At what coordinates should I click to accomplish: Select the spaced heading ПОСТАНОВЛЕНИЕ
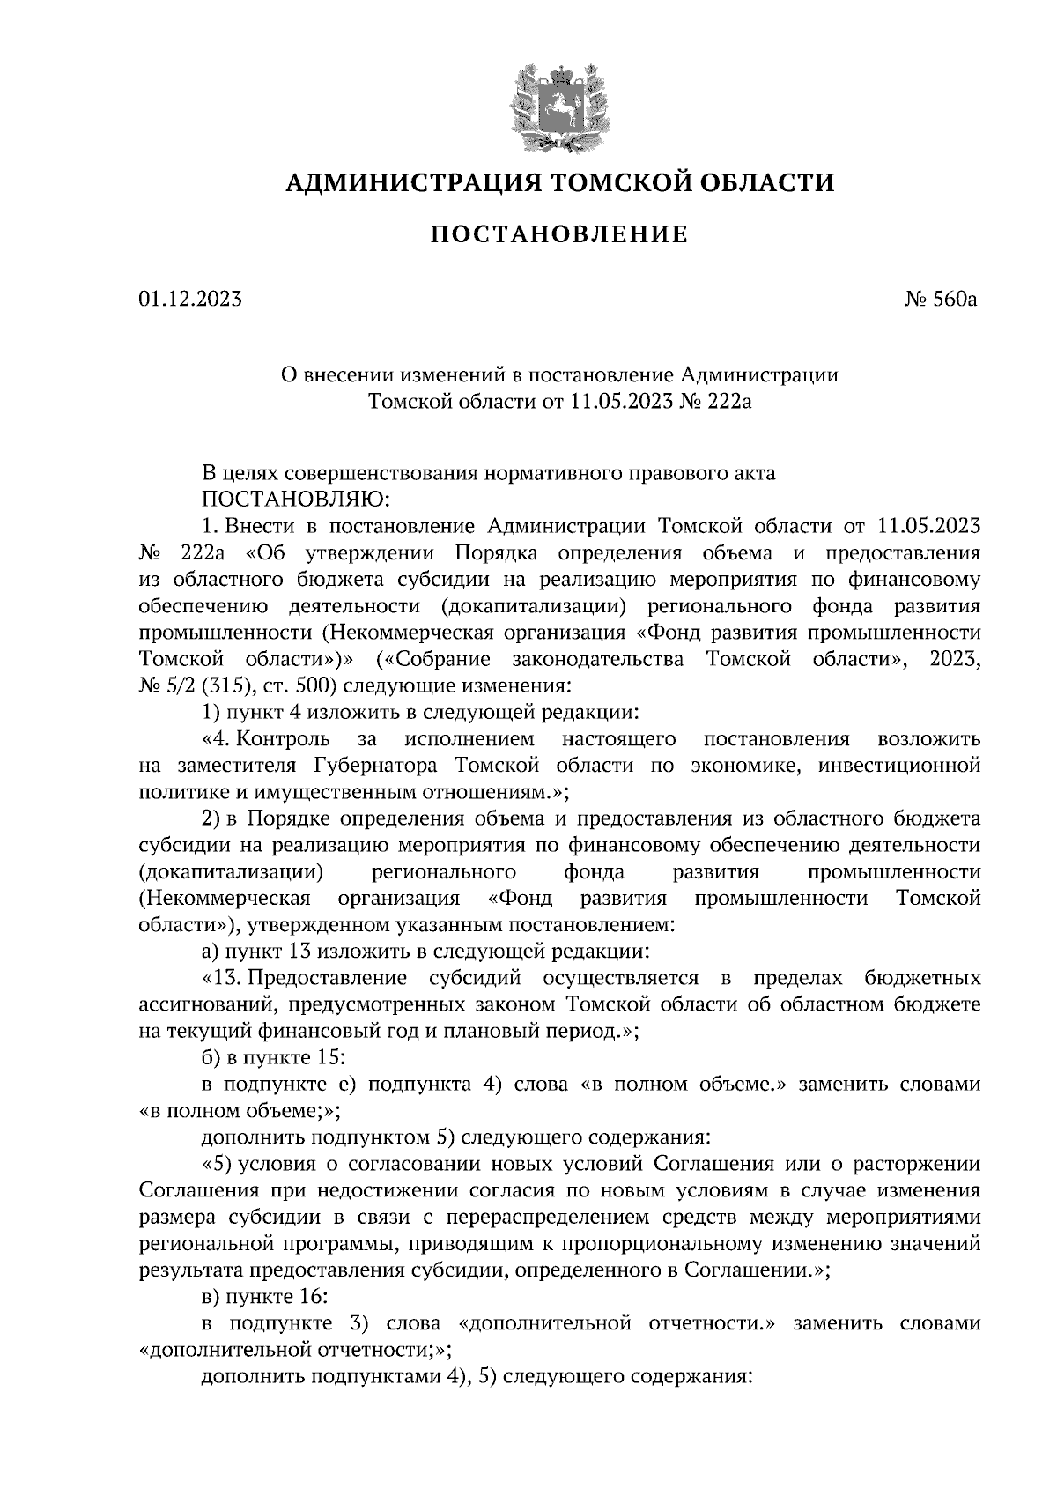[x=558, y=234]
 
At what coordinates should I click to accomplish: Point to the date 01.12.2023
[x=189, y=300]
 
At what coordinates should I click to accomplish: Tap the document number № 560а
[x=942, y=300]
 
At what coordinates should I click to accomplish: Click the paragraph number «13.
[x=219, y=978]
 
